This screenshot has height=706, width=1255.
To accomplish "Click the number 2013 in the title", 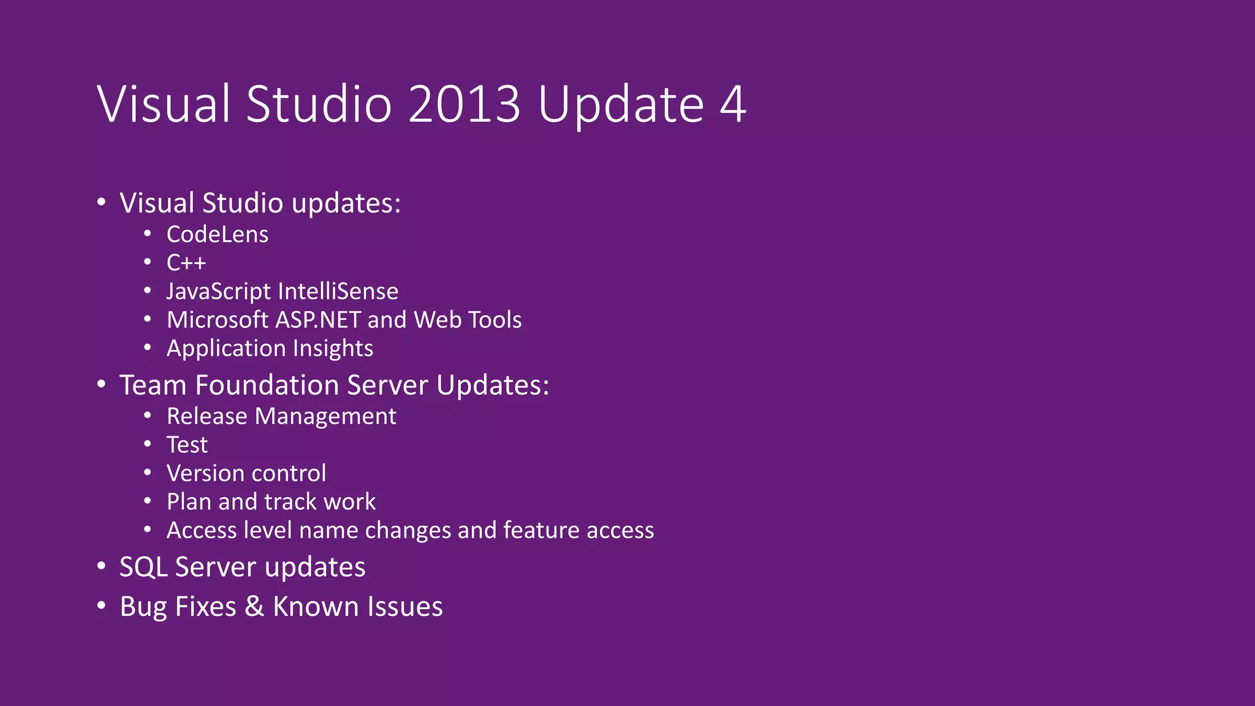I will (x=464, y=104).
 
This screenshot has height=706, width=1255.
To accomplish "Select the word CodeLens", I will (x=218, y=234).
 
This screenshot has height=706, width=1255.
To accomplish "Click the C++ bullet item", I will (x=186, y=263).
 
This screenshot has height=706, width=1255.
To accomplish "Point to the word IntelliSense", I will (x=338, y=291).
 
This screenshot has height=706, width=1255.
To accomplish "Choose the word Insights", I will (x=333, y=348).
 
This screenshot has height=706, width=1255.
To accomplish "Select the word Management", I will (x=325, y=416).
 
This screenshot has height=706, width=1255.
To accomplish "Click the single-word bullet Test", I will (x=187, y=445).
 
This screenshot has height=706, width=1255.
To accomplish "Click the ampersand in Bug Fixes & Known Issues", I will (x=254, y=607).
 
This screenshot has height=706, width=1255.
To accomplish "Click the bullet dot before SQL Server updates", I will (x=101, y=566).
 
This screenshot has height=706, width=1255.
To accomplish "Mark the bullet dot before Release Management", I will (x=148, y=416).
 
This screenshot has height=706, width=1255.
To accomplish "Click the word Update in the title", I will (x=621, y=104).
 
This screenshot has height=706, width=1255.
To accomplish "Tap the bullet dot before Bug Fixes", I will (x=101, y=606).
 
